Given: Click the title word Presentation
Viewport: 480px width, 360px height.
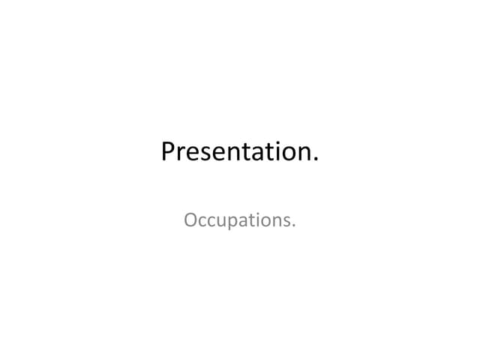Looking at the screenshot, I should point(239,152).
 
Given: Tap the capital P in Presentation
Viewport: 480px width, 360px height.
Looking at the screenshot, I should point(169,152).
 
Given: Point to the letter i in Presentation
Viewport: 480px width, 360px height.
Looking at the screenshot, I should point(279,152).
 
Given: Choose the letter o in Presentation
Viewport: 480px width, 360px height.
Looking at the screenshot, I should point(289,154).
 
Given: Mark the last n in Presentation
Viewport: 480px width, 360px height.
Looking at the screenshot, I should point(304,154).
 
